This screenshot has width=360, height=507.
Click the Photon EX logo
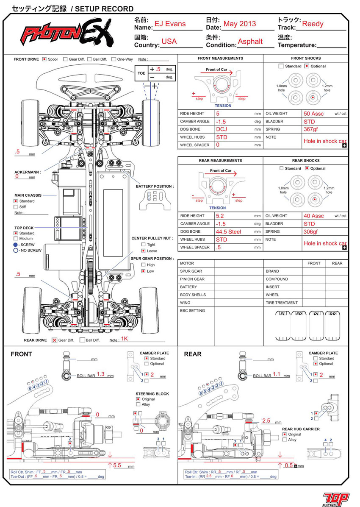click(68, 34)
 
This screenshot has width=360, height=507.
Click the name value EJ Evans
click(170, 24)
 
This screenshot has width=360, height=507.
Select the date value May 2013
click(240, 24)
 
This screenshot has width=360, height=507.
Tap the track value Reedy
click(313, 24)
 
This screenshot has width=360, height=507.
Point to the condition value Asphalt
click(250, 42)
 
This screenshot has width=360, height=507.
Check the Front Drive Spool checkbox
click(44, 59)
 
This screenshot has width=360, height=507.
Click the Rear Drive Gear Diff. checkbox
click(54, 340)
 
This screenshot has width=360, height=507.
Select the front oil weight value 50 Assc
click(314, 114)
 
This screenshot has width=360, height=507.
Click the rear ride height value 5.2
click(221, 216)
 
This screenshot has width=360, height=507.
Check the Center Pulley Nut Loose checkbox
click(144, 251)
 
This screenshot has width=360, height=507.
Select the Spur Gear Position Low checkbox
click(144, 271)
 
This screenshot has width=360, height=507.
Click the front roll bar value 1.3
click(101, 374)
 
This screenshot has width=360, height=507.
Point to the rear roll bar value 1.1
click(276, 374)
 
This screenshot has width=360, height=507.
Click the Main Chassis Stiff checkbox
click(16, 207)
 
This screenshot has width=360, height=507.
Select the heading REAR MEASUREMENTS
click(220, 161)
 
